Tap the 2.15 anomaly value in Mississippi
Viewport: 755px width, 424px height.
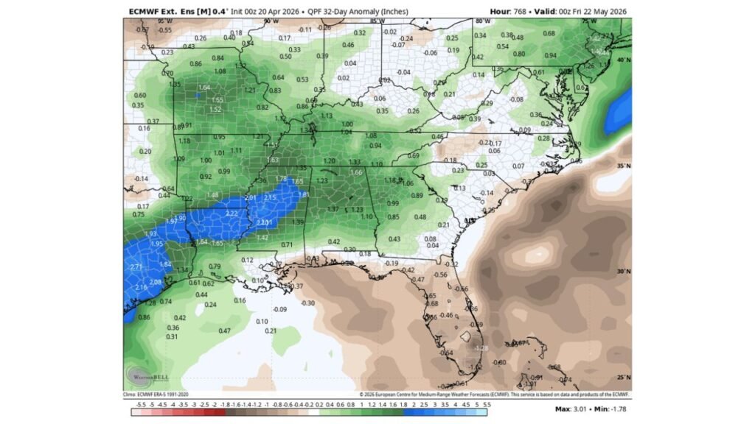pyautogui.click(x=270, y=197)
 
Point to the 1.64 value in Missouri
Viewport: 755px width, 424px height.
pyautogui.click(x=204, y=88)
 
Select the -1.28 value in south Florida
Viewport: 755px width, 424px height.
pyautogui.click(x=481, y=348)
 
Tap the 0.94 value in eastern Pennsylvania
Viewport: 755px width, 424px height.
pyautogui.click(x=550, y=55)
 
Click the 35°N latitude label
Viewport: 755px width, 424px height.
pyautogui.click(x=624, y=166)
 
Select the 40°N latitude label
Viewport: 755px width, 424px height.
pyautogui.click(x=624, y=60)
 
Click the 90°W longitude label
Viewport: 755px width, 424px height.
pyautogui.click(x=271, y=21)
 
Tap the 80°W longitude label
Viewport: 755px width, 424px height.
pyautogui.click(x=484, y=21)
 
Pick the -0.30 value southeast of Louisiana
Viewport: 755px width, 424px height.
pyautogui.click(x=307, y=303)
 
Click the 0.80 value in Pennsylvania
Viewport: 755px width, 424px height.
pyautogui.click(x=519, y=54)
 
